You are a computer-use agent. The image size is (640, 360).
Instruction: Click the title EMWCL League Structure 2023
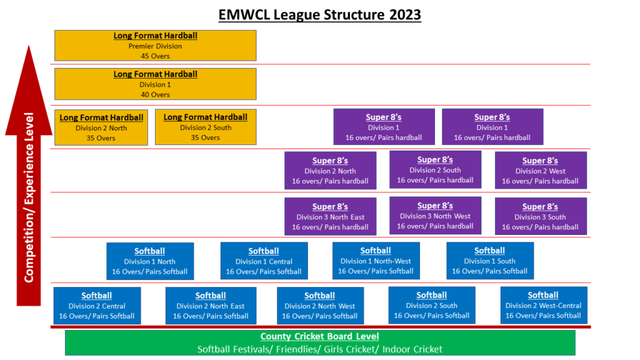[x=319, y=15]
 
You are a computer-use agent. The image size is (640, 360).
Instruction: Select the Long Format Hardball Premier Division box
[x=156, y=45]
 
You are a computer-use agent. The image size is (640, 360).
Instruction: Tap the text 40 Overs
[x=155, y=94]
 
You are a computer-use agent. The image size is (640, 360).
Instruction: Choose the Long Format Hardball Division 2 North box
[x=101, y=127]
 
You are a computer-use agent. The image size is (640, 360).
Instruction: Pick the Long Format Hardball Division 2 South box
[x=206, y=127]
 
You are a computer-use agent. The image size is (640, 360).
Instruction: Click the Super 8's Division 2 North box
[x=330, y=171]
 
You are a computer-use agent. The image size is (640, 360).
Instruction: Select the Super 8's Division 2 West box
[x=541, y=171]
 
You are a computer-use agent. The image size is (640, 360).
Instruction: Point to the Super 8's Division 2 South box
[x=435, y=169]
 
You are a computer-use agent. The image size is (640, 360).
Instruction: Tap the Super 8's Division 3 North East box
[x=330, y=216]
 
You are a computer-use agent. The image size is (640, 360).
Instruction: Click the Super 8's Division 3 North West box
[x=435, y=216]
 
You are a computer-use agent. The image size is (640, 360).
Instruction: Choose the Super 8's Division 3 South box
[x=541, y=216]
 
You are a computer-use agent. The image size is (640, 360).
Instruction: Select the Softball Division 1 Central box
[x=264, y=261]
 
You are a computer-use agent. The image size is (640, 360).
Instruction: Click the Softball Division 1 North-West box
[x=376, y=261]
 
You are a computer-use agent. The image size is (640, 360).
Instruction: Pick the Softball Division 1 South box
[x=490, y=261]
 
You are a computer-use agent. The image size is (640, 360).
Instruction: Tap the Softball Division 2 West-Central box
[x=544, y=305]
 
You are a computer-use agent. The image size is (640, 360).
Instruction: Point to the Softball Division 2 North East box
[x=211, y=306]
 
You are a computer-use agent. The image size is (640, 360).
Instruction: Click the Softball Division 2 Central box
[x=97, y=306]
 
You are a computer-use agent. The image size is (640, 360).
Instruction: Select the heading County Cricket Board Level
[x=319, y=336]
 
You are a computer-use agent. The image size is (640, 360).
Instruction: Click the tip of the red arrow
[x=29, y=45]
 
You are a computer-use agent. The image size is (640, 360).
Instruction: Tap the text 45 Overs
[x=155, y=56]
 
